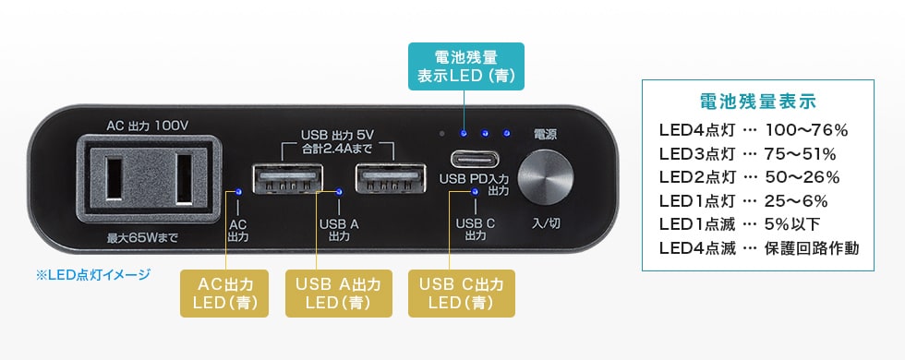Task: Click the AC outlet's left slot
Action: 117,179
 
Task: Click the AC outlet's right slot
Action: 183,179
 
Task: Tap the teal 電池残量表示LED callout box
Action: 466,66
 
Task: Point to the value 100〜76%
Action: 806,130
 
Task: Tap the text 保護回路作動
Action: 813,247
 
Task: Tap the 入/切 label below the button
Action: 545,222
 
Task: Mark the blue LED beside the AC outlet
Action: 239,192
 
